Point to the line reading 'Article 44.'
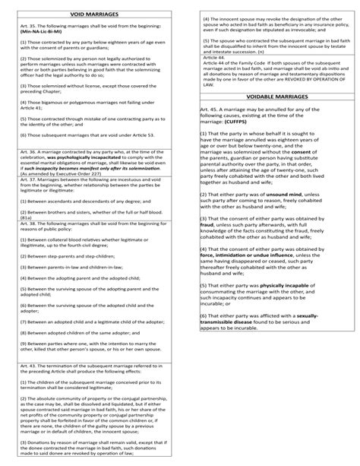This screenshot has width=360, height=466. pos(215,57)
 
